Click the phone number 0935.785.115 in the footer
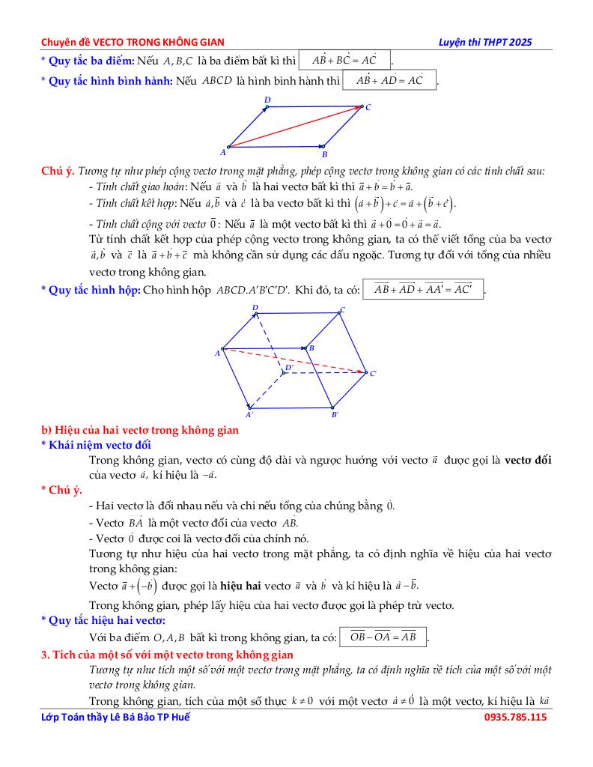pyautogui.click(x=516, y=717)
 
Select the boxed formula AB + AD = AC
pyautogui.click(x=389, y=79)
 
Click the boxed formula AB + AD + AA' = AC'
pyautogui.click(x=423, y=289)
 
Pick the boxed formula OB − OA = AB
pyautogui.click(x=383, y=637)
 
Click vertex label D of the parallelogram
pyautogui.click(x=267, y=100)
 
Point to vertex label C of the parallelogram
pyautogui.click(x=368, y=107)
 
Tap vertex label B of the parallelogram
pyautogui.click(x=325, y=154)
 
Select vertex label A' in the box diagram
pyautogui.click(x=249, y=414)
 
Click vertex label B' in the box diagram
pyautogui.click(x=335, y=414)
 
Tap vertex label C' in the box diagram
pyautogui.click(x=373, y=373)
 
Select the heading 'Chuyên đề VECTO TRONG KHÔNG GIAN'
pyautogui.click(x=133, y=42)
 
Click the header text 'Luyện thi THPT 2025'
pyautogui.click(x=485, y=42)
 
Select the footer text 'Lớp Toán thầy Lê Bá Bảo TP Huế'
pyautogui.click(x=116, y=717)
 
